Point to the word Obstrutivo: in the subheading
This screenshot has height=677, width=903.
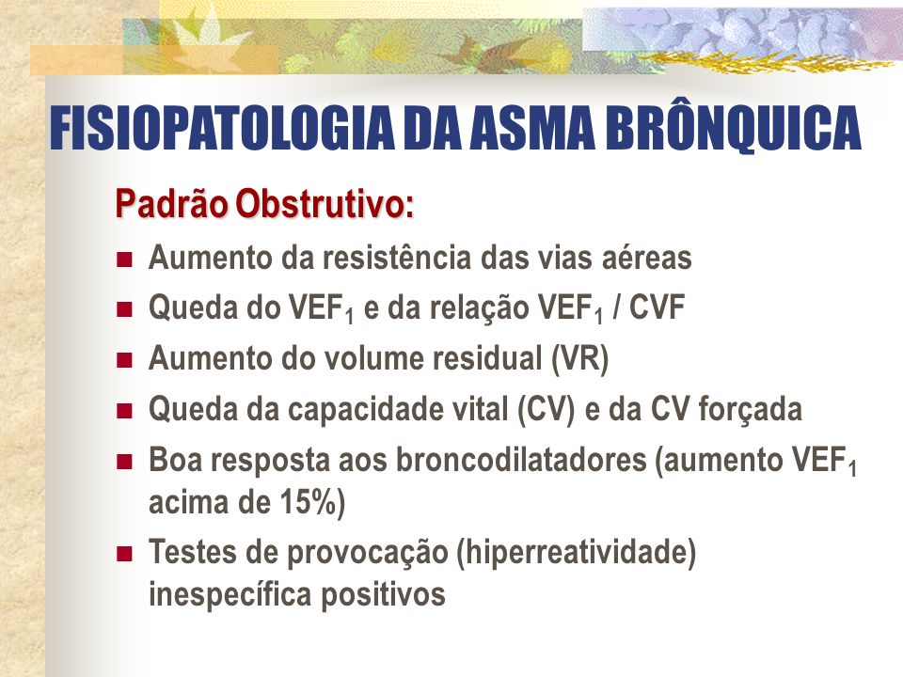click(x=325, y=204)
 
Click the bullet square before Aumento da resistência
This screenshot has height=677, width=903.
click(x=124, y=260)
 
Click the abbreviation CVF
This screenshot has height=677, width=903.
click(x=656, y=307)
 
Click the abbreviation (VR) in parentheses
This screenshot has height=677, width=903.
click(x=579, y=358)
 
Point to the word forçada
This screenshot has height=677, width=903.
click(x=751, y=410)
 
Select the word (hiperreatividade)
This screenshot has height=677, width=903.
click(x=577, y=552)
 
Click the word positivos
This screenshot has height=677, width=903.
click(x=383, y=594)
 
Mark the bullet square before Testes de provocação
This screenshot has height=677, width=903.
click(x=124, y=555)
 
